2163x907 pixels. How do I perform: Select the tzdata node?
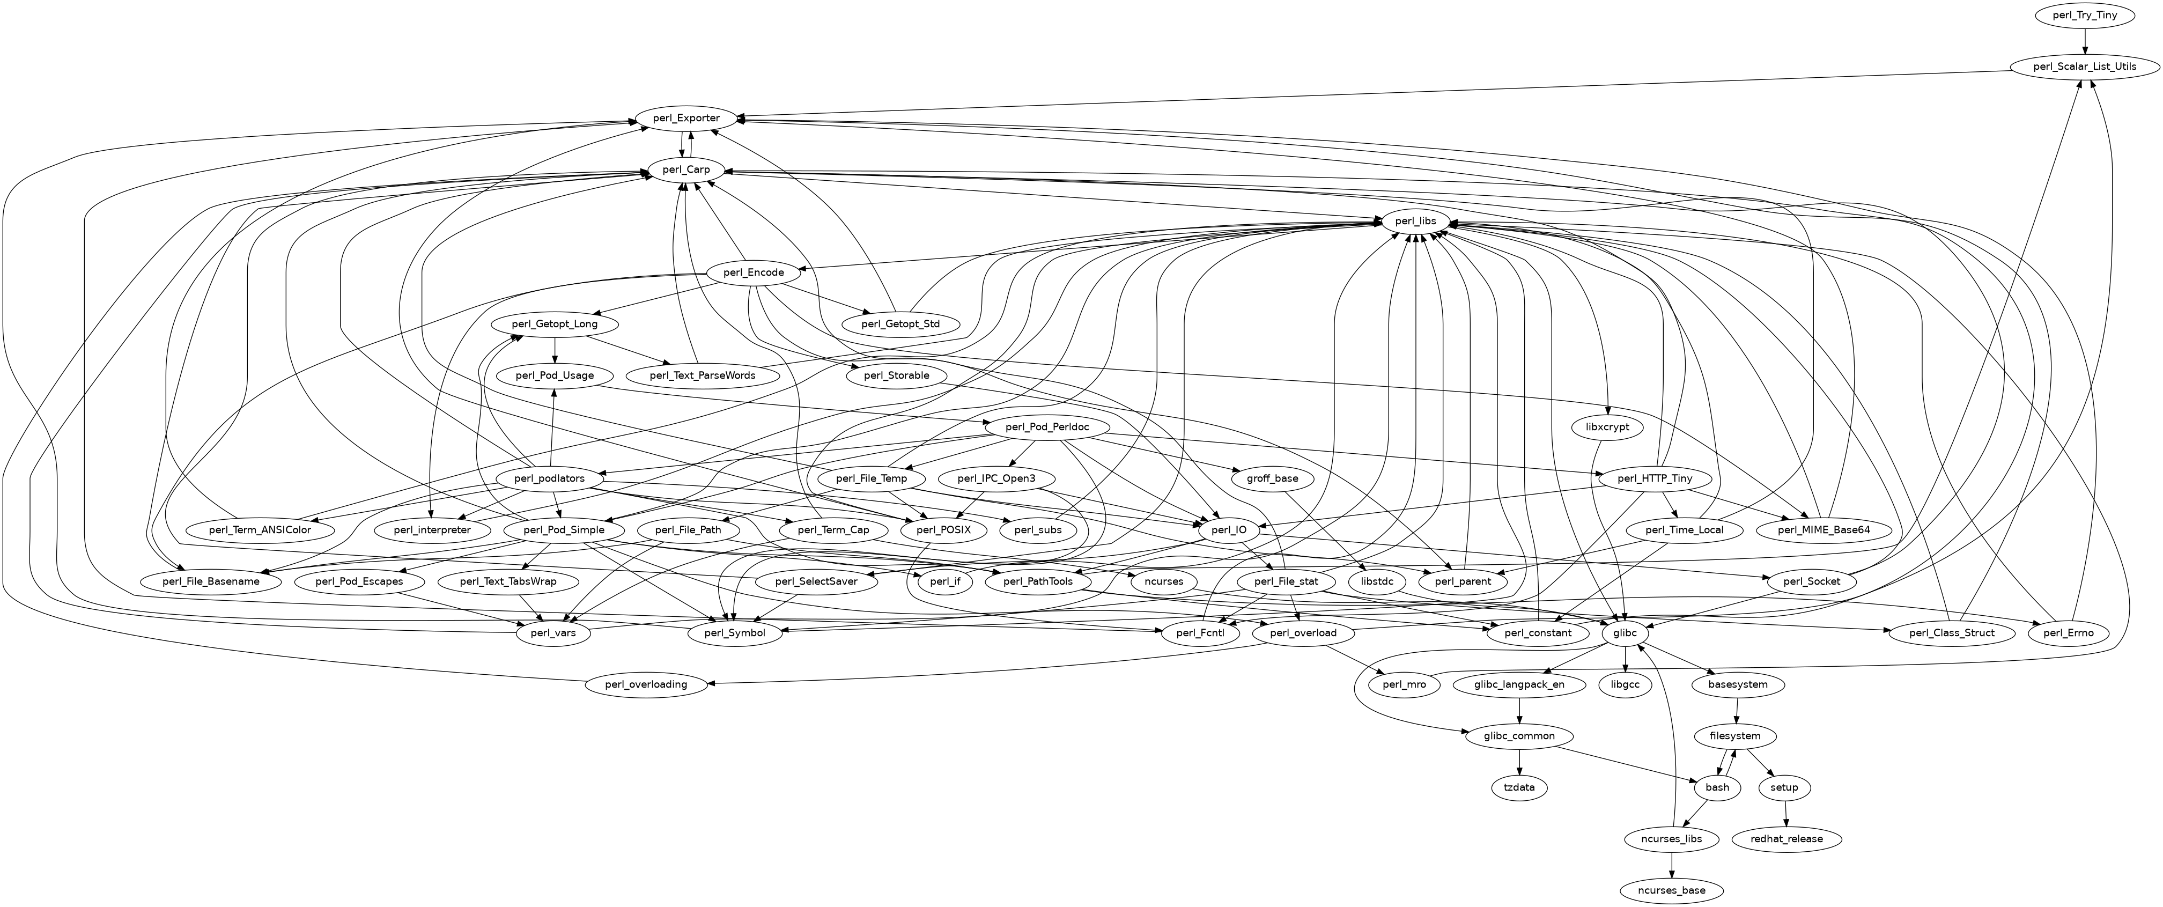1520,788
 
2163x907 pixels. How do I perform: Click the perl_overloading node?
647,684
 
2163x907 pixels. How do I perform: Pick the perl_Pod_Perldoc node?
1048,427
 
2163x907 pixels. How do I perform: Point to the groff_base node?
1273,478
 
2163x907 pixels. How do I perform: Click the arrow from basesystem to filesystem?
1736,710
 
